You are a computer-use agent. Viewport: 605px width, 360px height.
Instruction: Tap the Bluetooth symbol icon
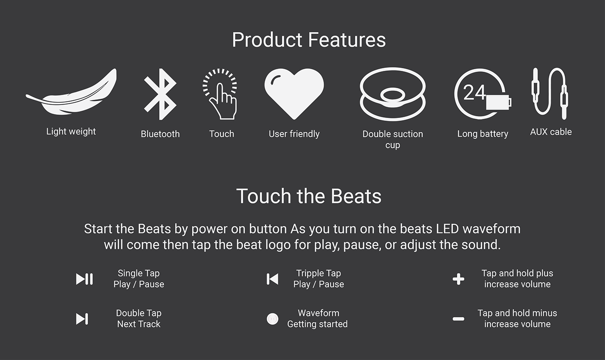tap(160, 94)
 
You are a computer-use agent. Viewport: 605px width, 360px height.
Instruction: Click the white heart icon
tap(294, 93)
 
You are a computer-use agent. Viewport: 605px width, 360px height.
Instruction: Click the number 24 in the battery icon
tap(474, 92)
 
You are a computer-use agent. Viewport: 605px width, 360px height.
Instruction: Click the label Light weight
tap(71, 131)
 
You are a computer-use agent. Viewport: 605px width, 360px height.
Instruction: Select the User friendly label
tap(294, 134)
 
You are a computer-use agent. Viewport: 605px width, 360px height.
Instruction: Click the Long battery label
tap(483, 134)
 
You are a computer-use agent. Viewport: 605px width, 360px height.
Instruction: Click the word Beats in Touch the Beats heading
tap(356, 196)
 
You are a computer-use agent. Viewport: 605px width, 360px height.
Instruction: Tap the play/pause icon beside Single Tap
tap(84, 279)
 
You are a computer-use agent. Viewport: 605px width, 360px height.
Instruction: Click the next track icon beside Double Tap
tap(82, 319)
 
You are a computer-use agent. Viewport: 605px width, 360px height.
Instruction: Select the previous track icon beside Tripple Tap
tap(272, 279)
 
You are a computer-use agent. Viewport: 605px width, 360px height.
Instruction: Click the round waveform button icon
tap(272, 319)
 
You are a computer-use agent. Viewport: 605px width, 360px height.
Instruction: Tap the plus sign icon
tap(459, 279)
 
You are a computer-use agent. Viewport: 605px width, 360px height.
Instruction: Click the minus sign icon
tap(459, 319)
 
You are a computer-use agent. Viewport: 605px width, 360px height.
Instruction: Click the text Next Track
tap(139, 324)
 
